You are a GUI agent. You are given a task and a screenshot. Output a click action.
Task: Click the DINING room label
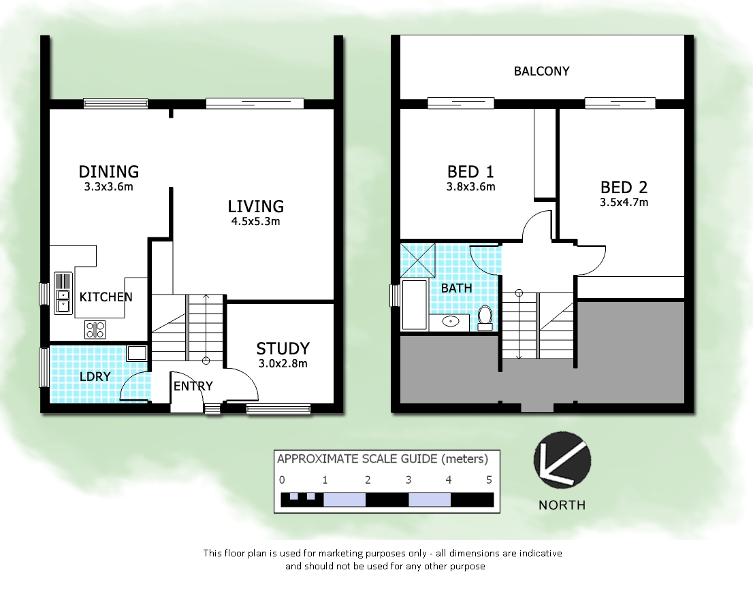pyautogui.click(x=109, y=171)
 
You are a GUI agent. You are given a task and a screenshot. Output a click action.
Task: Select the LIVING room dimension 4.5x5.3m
pyautogui.click(x=255, y=221)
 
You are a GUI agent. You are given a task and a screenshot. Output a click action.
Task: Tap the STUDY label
pyautogui.click(x=283, y=348)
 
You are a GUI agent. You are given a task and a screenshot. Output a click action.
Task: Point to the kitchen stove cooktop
pyautogui.click(x=95, y=329)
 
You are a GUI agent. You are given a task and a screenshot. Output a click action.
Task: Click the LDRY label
pyautogui.click(x=95, y=376)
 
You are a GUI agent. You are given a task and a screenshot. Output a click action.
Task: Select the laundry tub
pyautogui.click(x=137, y=352)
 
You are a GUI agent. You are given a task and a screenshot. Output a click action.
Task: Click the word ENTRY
pyautogui.click(x=193, y=386)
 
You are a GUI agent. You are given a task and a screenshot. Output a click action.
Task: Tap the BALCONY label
pyautogui.click(x=541, y=71)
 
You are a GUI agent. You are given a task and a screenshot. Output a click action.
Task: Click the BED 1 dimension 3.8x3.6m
pyautogui.click(x=470, y=186)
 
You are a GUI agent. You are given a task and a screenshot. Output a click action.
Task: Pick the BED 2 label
pyautogui.click(x=624, y=187)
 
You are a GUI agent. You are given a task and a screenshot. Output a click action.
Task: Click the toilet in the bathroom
pyautogui.click(x=485, y=317)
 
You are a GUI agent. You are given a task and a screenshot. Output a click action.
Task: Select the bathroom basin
pyautogui.click(x=450, y=321)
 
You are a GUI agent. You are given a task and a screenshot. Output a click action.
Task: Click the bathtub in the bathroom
pyautogui.click(x=414, y=305)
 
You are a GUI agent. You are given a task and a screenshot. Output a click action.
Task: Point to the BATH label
pyautogui.click(x=456, y=288)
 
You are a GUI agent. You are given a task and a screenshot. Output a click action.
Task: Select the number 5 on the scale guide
pyautogui.click(x=488, y=480)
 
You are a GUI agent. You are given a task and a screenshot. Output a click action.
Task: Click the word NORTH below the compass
pyautogui.click(x=562, y=505)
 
